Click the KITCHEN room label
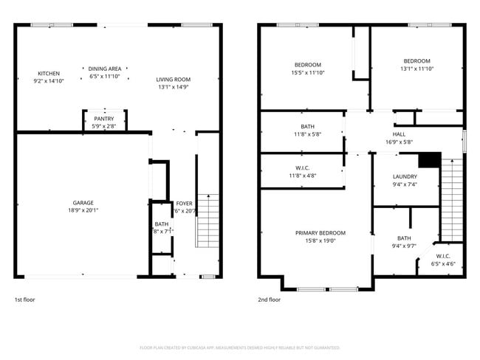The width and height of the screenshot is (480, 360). click(x=49, y=73)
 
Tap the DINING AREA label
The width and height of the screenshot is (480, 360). click(x=104, y=69)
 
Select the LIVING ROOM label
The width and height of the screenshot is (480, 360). click(x=174, y=80)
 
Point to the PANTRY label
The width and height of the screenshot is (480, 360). click(x=103, y=119)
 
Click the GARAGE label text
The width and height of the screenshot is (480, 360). click(x=83, y=202)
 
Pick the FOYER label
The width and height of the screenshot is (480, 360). click(x=184, y=203)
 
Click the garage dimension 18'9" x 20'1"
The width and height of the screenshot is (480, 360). click(x=83, y=210)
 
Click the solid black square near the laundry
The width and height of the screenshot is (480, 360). click(x=429, y=160)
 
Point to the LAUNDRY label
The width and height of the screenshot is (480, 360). click(x=405, y=176)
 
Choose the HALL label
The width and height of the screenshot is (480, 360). click(x=400, y=134)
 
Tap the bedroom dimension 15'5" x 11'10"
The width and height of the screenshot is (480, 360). click(x=307, y=72)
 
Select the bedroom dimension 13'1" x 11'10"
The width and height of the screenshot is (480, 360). click(x=416, y=68)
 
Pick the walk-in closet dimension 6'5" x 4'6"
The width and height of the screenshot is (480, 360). click(x=444, y=263)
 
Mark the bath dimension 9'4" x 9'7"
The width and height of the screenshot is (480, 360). click(x=404, y=246)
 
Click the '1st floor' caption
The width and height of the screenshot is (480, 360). click(x=24, y=300)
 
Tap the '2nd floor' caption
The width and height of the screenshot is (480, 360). click(x=269, y=300)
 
